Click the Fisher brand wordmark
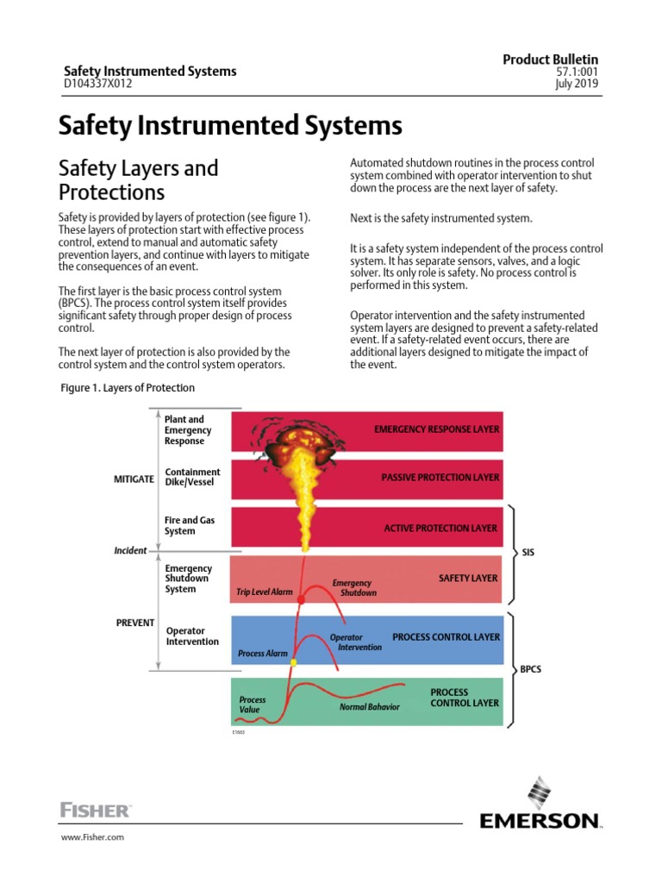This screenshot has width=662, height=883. coord(95,810)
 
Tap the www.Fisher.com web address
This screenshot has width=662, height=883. coord(91,837)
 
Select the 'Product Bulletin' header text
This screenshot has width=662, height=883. coord(551,59)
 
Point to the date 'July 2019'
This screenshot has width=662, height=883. coord(578,85)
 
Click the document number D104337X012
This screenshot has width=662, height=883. coord(102,85)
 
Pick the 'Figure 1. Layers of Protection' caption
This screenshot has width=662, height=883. coord(127,388)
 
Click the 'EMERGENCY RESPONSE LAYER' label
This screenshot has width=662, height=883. coord(435,429)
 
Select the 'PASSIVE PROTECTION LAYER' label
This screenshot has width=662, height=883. coord(440,477)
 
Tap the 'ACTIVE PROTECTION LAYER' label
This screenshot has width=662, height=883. coord(440,528)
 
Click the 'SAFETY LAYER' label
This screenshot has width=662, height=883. coord(468,578)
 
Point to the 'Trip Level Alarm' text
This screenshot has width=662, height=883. coord(265,592)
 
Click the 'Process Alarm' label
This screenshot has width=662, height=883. coord(263,654)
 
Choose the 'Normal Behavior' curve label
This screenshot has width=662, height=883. coord(370,707)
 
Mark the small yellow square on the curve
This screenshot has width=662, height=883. coord(293,662)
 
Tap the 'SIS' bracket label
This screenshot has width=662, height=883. coord(529,552)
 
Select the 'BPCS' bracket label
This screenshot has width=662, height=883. coord(531,669)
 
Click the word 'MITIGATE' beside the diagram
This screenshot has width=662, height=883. coord(134,478)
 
